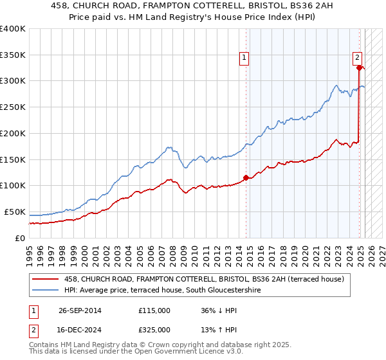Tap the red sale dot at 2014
(x=246, y=177)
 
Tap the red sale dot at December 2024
(x=358, y=67)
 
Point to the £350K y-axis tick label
(x=13, y=55)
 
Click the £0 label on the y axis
(x=20, y=238)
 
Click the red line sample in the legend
(x=46, y=279)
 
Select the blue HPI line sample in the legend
(x=46, y=290)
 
